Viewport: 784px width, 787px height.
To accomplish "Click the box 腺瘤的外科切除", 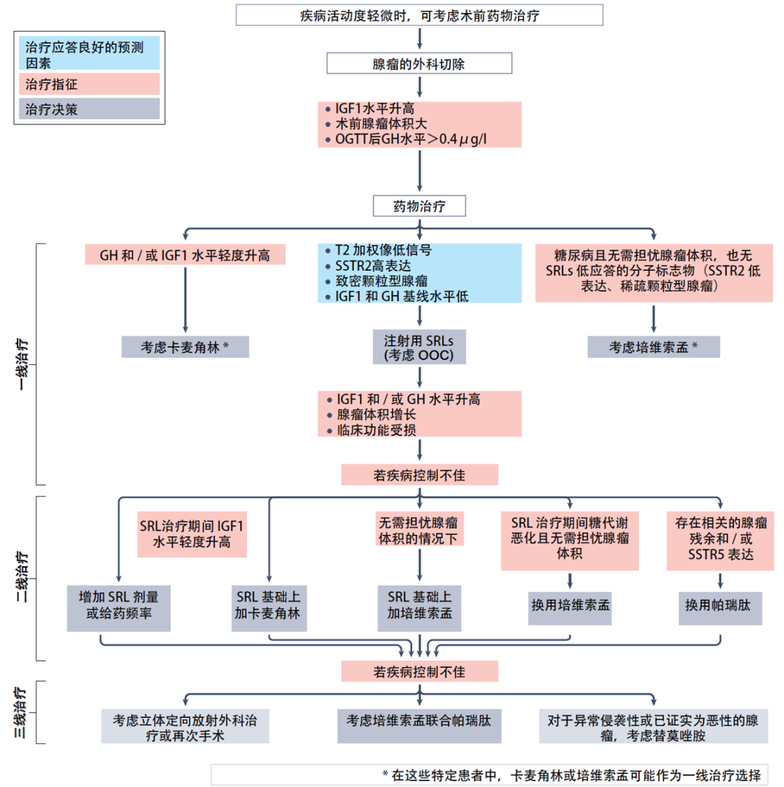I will click(420, 63).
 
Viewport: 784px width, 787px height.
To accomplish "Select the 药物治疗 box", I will click(420, 206).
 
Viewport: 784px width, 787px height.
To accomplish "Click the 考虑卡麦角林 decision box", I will click(185, 346).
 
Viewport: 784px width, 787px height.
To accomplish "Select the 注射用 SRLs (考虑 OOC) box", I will click(420, 347).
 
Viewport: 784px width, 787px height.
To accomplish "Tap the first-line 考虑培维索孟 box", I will click(653, 346).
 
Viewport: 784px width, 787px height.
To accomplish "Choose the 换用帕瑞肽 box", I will click(720, 605).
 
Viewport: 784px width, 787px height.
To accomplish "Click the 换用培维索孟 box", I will click(569, 605).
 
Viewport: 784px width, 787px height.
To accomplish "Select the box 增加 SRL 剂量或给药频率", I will click(118, 605).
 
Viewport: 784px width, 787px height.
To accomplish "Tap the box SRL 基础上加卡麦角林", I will click(269, 605).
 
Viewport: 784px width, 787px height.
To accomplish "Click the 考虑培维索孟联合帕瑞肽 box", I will click(419, 721).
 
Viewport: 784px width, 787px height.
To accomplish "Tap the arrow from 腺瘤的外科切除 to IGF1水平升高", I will click(420, 88).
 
